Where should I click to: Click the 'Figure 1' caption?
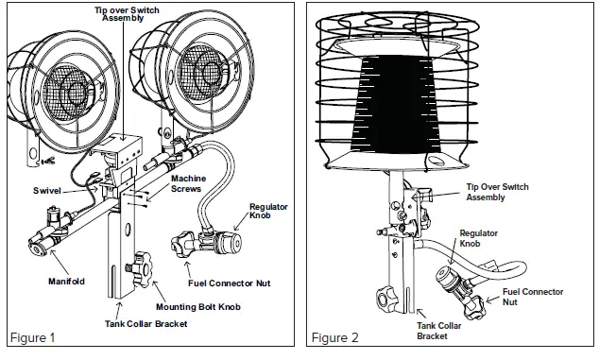(x=32, y=337)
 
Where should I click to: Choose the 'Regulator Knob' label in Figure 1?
(x=265, y=211)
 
